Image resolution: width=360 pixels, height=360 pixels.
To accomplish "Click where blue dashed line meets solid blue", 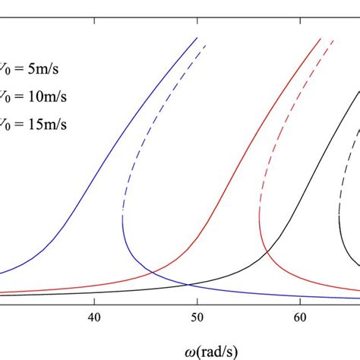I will coord(122,220).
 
